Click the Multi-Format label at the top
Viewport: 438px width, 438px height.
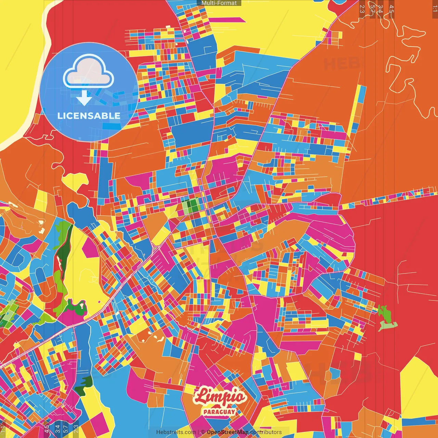(x=219, y=3)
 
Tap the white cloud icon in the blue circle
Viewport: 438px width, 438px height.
(x=88, y=72)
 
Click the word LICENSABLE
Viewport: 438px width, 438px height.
(x=89, y=116)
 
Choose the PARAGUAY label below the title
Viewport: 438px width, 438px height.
(x=219, y=412)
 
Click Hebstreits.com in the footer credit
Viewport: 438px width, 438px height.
(x=176, y=432)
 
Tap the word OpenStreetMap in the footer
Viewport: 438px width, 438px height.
(x=228, y=432)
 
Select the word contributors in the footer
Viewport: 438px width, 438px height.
(x=266, y=432)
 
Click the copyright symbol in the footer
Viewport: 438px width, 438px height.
(x=203, y=432)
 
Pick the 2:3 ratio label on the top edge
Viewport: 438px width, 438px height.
(x=362, y=9)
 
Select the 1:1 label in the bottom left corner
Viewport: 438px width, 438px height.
(x=3, y=429)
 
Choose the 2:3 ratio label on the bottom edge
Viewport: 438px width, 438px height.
(x=76, y=429)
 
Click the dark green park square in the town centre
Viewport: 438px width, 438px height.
(x=194, y=206)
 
